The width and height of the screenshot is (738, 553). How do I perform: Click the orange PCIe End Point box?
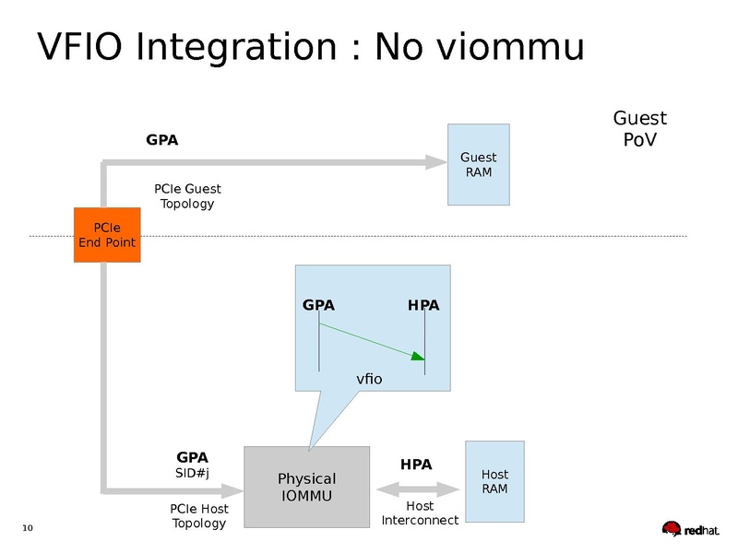(x=107, y=235)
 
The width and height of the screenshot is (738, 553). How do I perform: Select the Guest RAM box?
(x=478, y=165)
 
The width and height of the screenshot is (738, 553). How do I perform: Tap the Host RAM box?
(x=494, y=481)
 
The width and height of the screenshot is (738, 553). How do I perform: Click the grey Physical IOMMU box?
(x=306, y=487)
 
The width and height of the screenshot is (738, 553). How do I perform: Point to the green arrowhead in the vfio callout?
(x=418, y=356)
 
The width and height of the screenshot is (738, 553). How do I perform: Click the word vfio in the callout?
(x=369, y=379)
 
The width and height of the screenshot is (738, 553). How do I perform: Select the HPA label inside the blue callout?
(x=423, y=305)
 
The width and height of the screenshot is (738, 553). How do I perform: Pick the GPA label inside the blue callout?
(x=318, y=305)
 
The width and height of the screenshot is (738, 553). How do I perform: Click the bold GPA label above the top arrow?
(x=162, y=141)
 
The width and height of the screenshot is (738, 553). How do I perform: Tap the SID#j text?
(x=192, y=474)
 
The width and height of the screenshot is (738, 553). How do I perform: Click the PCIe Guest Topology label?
(x=187, y=196)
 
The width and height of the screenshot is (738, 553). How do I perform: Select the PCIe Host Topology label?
(x=199, y=516)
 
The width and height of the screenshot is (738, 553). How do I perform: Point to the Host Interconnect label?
(x=420, y=513)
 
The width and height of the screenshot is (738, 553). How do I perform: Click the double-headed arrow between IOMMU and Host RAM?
(x=418, y=488)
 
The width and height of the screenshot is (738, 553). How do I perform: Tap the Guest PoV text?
(x=639, y=129)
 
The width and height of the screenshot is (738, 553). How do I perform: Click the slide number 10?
(x=27, y=528)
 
